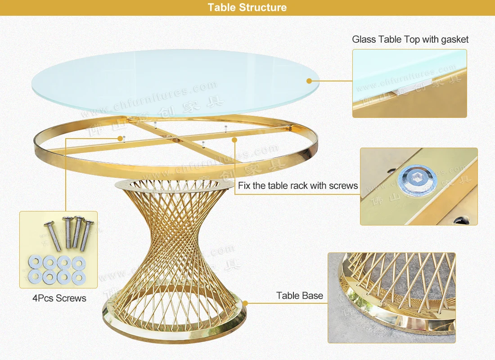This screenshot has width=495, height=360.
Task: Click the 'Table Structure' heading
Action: (x=247, y=7)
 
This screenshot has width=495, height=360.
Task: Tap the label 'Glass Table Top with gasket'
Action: (x=410, y=40)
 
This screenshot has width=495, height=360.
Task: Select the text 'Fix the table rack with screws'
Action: (x=298, y=185)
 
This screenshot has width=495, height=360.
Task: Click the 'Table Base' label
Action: (x=300, y=296)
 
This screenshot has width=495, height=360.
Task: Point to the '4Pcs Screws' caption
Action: (x=59, y=298)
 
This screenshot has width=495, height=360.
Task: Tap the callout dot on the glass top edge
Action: (x=309, y=81)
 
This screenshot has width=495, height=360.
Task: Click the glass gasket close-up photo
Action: (x=409, y=84)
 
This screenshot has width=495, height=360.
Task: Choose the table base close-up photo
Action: (x=391, y=297)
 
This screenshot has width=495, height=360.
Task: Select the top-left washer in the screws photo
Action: (x=35, y=261)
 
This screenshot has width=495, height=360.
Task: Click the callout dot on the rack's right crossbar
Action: (x=234, y=140)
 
